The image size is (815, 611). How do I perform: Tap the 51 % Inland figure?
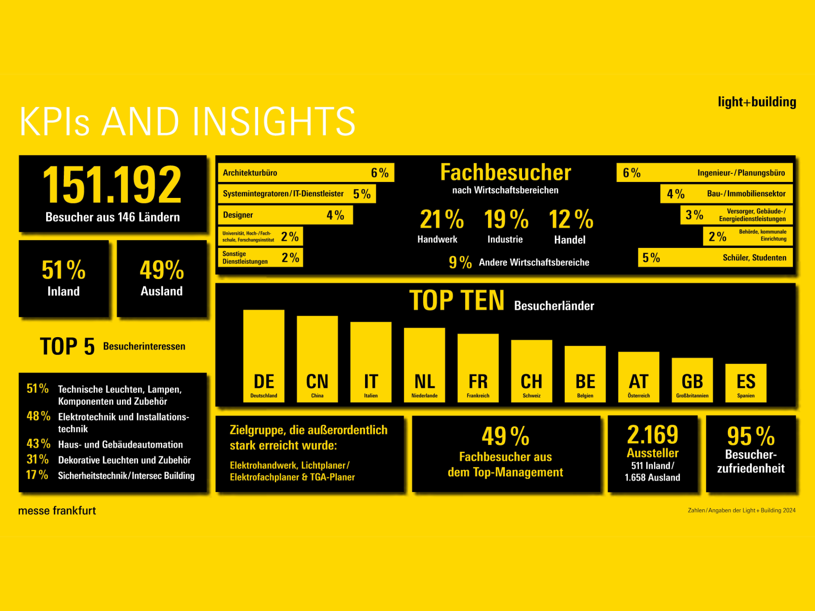[x=63, y=271]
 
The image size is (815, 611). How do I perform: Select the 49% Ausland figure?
[x=162, y=271]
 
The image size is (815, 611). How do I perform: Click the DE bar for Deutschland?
[x=264, y=356]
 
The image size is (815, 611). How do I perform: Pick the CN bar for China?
[x=317, y=359]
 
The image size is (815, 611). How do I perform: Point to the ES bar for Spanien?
[x=746, y=383]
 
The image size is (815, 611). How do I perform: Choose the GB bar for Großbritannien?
[x=692, y=380]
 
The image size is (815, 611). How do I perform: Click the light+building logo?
[x=757, y=102]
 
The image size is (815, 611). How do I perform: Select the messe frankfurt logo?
[x=57, y=511]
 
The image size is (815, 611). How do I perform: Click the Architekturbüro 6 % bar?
[x=306, y=172]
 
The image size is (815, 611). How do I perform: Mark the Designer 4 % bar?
[x=285, y=215]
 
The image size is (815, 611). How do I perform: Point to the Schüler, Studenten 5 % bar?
[x=715, y=258]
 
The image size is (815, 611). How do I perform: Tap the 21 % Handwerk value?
[x=441, y=219]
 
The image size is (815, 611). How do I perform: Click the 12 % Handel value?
[x=571, y=219]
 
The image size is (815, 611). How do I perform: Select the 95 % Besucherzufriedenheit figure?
[x=751, y=436]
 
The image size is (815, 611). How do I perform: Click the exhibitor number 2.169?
[x=652, y=435]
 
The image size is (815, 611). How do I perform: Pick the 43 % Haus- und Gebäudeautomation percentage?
[x=38, y=444]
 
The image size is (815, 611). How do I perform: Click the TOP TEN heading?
[x=456, y=301]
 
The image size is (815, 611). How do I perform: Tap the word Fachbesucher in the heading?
[x=506, y=172]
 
